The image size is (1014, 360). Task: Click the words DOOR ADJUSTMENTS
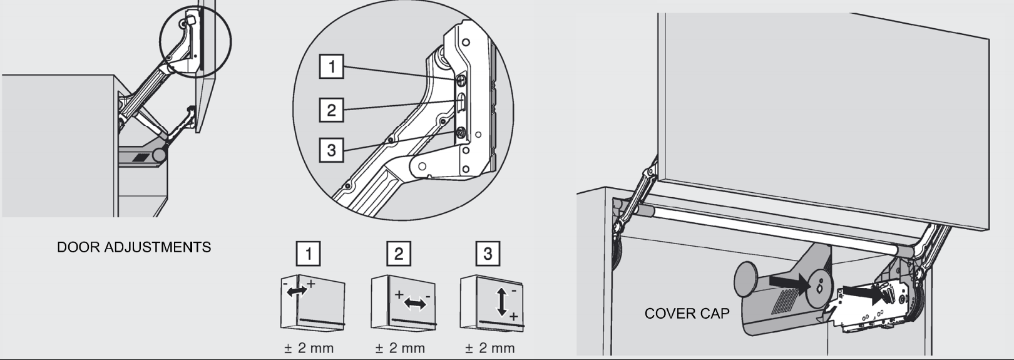[x=134, y=247]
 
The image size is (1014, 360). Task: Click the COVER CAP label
[x=687, y=313]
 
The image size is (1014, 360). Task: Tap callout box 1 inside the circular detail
[x=331, y=66]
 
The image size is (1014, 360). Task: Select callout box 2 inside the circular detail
[x=331, y=110]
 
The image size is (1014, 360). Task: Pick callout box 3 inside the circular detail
[x=331, y=150]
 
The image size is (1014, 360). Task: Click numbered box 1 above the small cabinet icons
[x=308, y=254]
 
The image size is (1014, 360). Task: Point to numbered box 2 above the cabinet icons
[x=399, y=254]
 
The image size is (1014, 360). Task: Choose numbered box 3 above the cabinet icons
[x=488, y=254]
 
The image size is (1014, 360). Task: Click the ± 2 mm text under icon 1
[x=308, y=348]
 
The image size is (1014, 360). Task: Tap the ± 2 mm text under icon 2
[x=399, y=348]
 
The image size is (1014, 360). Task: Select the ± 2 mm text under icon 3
[x=489, y=348]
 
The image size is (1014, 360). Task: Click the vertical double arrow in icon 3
[x=501, y=302]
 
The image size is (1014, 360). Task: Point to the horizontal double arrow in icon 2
[x=414, y=304]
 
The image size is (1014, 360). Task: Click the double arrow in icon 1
[x=297, y=290]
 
